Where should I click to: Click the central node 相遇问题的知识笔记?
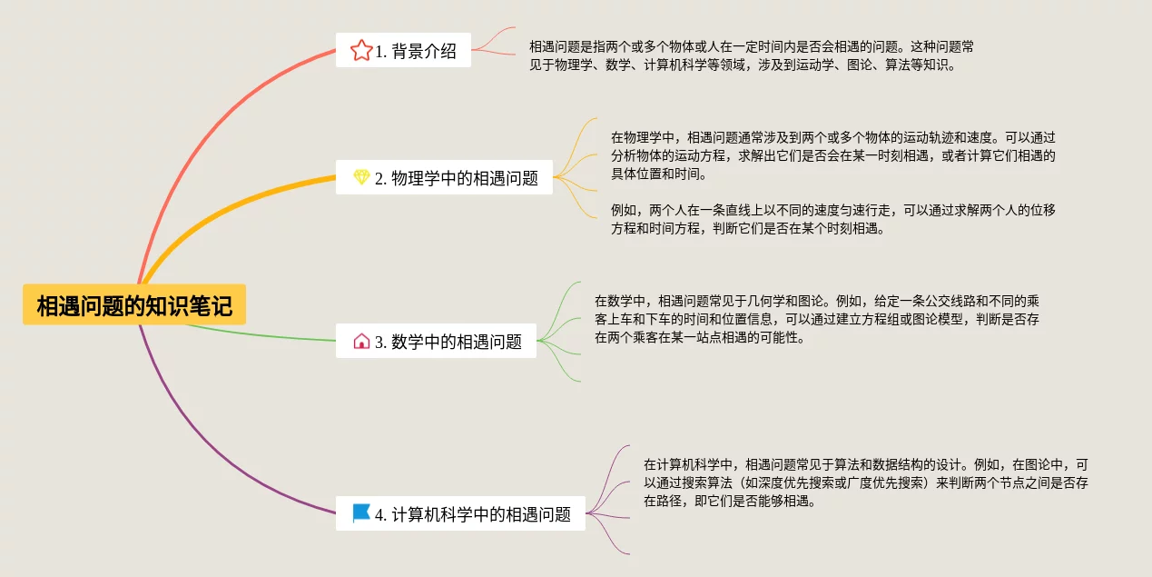134,306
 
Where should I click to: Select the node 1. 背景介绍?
403,51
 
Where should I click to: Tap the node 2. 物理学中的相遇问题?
444,178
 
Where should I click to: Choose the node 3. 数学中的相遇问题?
436,342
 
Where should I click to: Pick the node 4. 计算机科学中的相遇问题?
460,514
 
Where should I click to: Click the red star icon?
360,50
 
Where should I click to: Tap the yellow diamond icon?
361,177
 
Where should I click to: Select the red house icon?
361,342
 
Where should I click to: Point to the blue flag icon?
361,513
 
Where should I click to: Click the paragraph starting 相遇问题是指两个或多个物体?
751,55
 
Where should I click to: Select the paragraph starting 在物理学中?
832,155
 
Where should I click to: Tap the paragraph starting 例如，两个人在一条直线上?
832,219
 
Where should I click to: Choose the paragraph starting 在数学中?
816,318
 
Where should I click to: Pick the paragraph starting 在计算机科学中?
865,482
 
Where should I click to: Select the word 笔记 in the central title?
216,306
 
